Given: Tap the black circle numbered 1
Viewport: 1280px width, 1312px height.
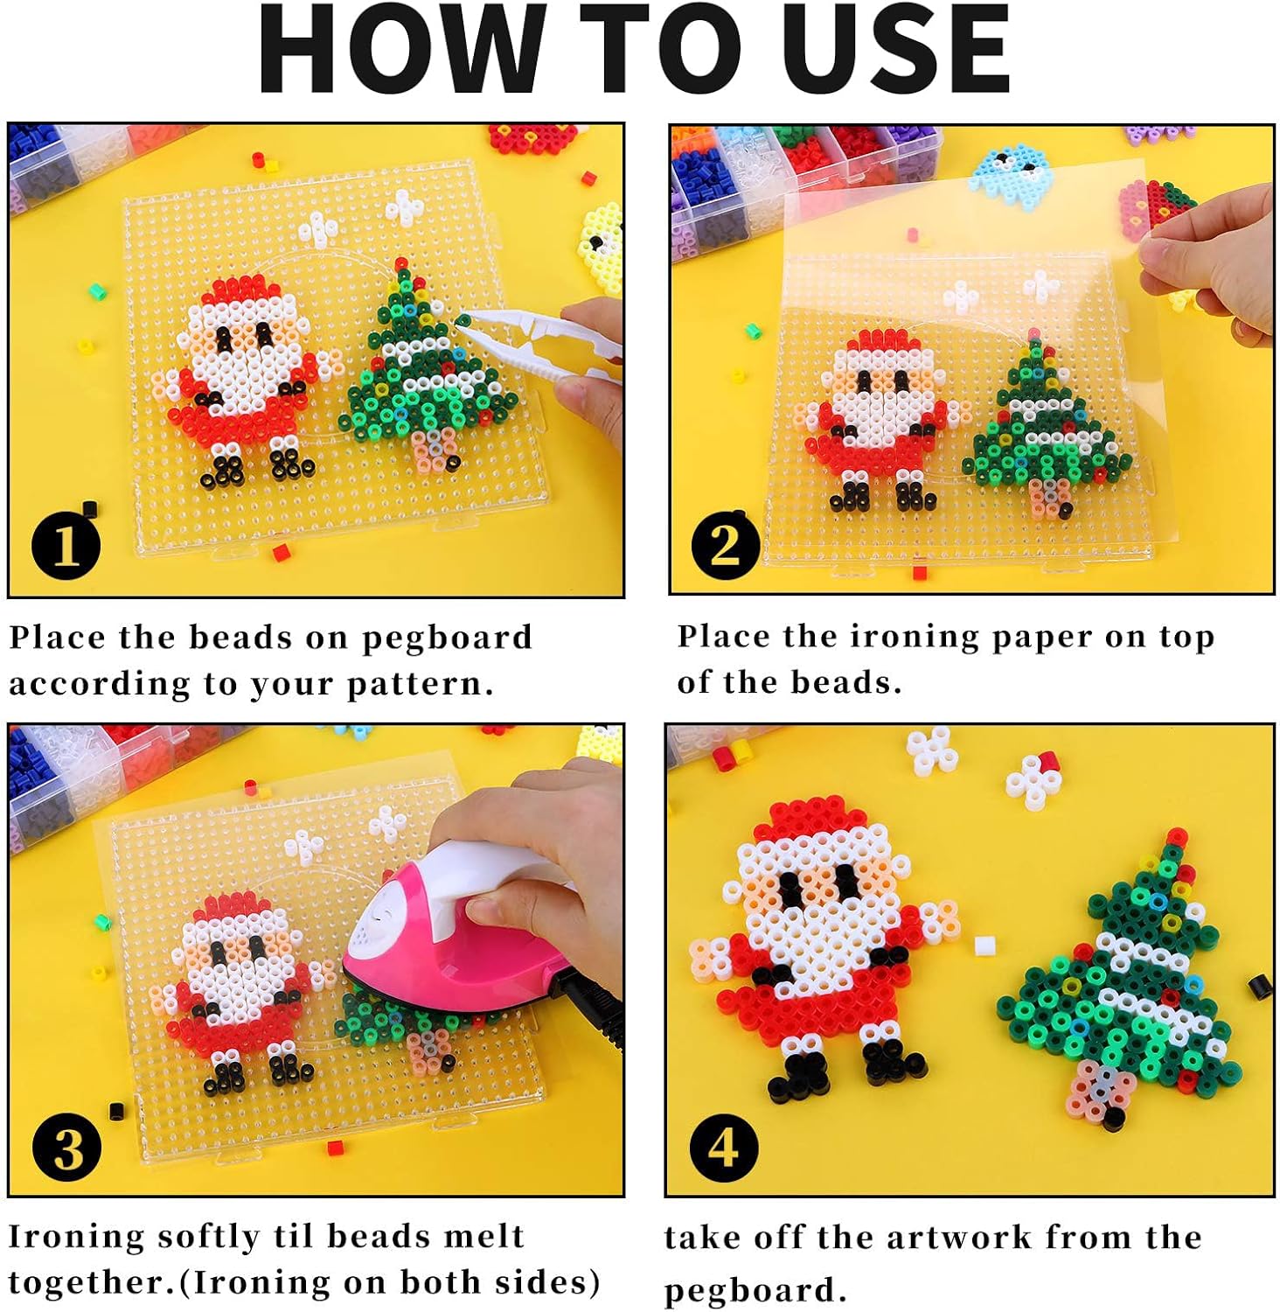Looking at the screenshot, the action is click(66, 546).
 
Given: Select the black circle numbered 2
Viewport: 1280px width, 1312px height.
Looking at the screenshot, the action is click(726, 544).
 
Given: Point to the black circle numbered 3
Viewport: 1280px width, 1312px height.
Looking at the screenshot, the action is click(66, 1147).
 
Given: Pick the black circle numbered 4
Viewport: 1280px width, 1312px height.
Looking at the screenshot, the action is click(724, 1147).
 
